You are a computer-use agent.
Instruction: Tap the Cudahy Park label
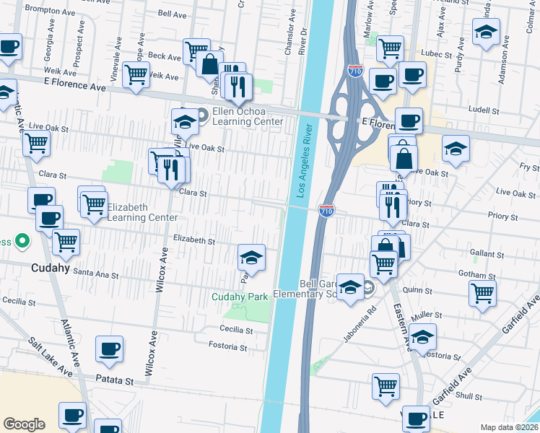(x=240, y=297)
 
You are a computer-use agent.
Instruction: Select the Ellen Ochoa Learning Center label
(x=247, y=116)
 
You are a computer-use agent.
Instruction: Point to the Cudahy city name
(x=50, y=267)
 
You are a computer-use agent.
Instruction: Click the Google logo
(x=24, y=424)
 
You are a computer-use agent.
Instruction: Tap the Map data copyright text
(x=510, y=427)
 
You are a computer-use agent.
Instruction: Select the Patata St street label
(x=115, y=380)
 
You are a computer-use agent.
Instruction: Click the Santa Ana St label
(x=95, y=274)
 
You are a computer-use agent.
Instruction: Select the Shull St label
(x=469, y=396)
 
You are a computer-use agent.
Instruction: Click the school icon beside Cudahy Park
(x=251, y=257)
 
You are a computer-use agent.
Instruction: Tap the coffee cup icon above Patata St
(x=110, y=349)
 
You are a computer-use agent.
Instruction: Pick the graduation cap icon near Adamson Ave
(x=487, y=32)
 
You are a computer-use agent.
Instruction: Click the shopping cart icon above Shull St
(x=386, y=387)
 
